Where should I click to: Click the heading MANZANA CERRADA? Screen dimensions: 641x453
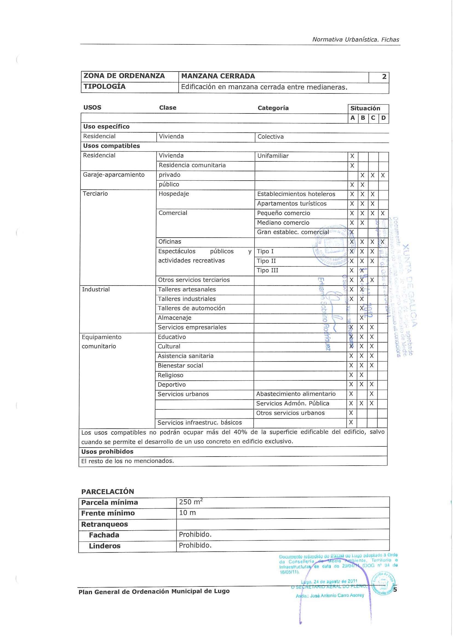(218, 76)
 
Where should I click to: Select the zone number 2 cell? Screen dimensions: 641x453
(384, 76)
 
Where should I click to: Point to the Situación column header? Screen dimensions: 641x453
(365, 108)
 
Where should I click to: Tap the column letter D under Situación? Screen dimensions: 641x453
(383, 118)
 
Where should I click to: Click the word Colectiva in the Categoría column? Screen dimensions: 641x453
(270, 137)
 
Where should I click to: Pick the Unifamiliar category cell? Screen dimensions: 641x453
(273, 156)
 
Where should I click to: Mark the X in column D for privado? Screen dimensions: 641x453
(383, 175)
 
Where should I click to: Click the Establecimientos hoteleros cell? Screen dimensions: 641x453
(296, 194)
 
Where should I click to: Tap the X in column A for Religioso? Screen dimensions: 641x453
(351, 375)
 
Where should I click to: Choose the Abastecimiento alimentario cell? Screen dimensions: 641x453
(296, 394)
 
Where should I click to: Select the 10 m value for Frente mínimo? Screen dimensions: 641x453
(187, 513)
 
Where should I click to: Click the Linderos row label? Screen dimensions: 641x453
(105, 546)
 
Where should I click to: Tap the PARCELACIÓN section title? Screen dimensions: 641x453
(107, 491)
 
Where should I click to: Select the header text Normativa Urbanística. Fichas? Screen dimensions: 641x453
(356, 40)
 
